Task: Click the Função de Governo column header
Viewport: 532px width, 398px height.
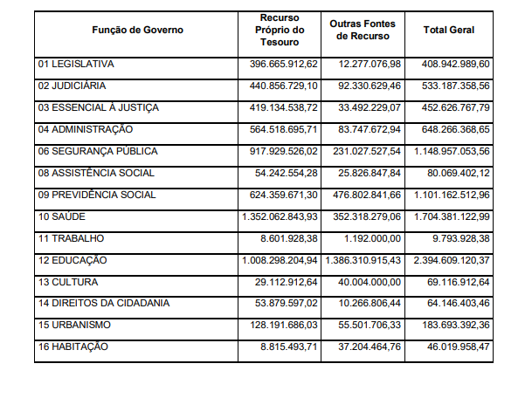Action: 137,31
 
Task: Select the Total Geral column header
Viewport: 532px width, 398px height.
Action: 448,31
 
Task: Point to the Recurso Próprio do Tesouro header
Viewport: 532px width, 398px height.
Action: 280,31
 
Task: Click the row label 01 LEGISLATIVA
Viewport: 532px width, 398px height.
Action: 76,65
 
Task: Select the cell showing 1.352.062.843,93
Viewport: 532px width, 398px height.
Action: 280,216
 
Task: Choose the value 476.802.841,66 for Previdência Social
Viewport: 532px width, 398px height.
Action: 363,195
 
